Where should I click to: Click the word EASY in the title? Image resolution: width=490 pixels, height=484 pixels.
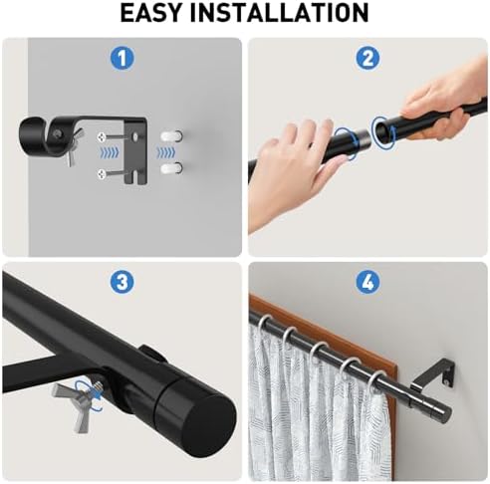coord(151,13)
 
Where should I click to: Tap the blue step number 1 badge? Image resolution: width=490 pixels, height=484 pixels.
coord(122,58)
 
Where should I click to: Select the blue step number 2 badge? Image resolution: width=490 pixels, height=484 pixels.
coord(367,58)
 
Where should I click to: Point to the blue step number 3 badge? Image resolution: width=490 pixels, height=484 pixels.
coord(122,283)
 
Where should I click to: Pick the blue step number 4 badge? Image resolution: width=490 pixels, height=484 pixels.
coord(367,283)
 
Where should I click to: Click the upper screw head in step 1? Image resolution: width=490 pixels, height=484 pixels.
coord(102,136)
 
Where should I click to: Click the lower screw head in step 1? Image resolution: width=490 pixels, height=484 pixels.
coord(102,174)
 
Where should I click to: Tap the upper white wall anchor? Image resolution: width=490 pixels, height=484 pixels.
coord(171,135)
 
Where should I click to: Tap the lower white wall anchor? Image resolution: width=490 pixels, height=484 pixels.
coord(171,168)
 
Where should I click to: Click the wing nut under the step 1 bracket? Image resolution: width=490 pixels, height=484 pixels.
coord(74,146)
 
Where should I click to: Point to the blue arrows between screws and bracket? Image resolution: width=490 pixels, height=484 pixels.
coord(109,152)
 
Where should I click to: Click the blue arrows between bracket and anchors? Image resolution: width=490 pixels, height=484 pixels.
coord(165,152)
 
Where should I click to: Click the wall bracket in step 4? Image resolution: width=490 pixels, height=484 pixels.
coord(432,375)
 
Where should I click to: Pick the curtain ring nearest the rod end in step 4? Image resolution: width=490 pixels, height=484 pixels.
coord(376,381)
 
